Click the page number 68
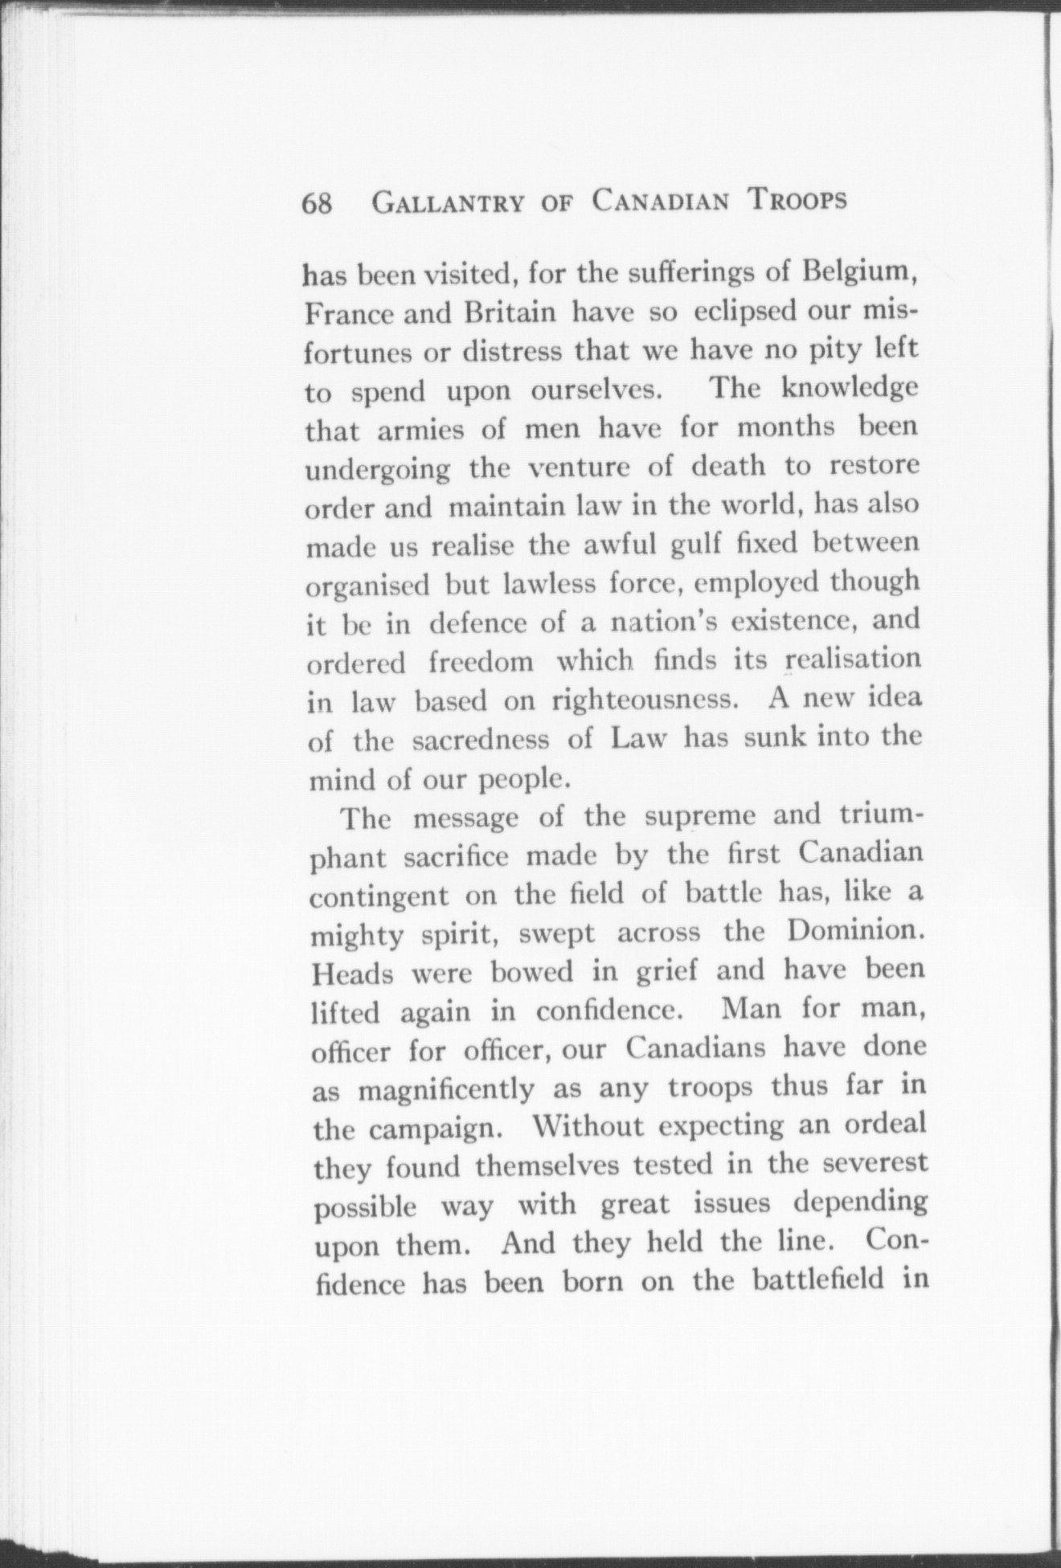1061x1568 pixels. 317,204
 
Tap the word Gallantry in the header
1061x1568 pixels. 449,202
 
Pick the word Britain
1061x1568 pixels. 510,312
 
